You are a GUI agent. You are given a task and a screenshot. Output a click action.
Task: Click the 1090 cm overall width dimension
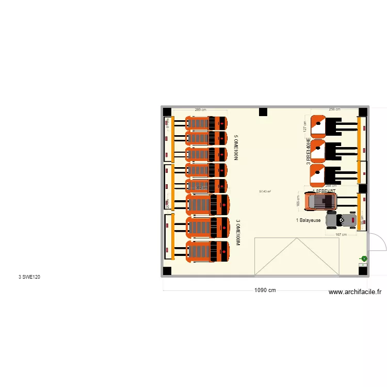(x=265, y=290)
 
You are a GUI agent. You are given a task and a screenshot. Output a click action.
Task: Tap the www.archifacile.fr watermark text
(x=356, y=292)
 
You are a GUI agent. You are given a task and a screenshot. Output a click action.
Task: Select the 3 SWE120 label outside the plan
(x=29, y=277)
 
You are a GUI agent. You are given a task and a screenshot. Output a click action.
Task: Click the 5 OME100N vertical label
(x=236, y=148)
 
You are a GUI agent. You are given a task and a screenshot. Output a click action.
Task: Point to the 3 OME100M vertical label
(x=238, y=233)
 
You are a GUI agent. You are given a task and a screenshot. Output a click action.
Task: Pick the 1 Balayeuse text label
(x=308, y=220)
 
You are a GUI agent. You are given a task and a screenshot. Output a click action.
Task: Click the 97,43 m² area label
(x=265, y=191)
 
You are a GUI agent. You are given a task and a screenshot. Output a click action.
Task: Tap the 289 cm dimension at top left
(x=201, y=109)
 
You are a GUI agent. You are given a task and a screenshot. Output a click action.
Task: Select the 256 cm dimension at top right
(x=335, y=109)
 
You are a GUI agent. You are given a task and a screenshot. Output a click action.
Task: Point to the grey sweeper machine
(x=341, y=220)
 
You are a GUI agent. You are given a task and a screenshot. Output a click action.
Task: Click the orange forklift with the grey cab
(x=320, y=201)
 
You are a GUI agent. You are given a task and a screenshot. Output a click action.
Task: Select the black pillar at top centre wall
(x=263, y=111)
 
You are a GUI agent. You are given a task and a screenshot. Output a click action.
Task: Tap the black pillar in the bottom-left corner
(x=167, y=271)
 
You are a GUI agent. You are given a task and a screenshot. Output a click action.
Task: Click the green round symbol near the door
(x=364, y=259)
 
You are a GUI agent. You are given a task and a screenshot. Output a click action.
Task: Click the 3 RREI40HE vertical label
(x=308, y=151)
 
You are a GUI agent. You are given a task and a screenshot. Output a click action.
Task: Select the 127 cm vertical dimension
(x=305, y=126)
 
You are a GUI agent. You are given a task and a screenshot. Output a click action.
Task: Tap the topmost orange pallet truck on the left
(x=206, y=123)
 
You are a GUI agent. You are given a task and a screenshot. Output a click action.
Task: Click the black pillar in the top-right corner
(x=363, y=111)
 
